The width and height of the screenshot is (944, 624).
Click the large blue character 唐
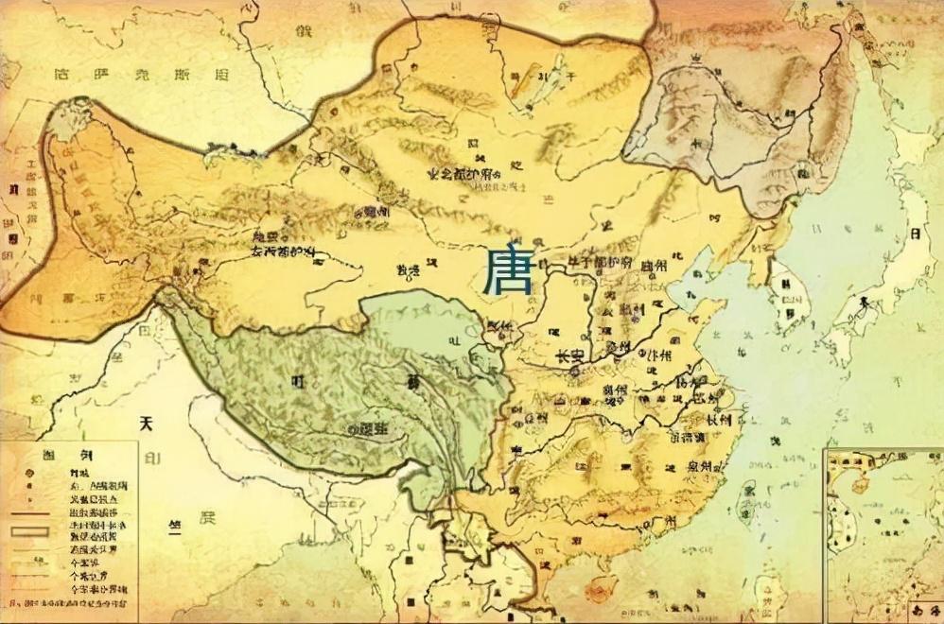tap(507, 271)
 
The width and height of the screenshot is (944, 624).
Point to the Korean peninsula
tap(785, 284)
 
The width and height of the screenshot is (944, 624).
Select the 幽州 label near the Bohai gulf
tap(653, 268)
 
